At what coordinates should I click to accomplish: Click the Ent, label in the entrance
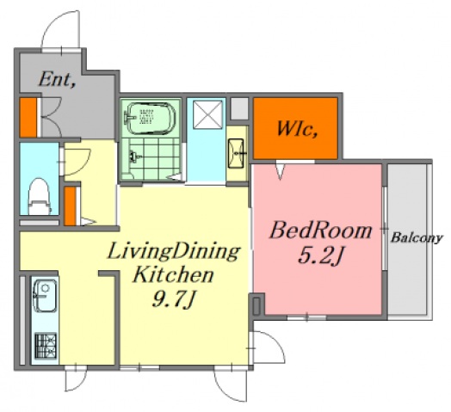coord(57,79)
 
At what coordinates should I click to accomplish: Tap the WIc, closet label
coord(297,128)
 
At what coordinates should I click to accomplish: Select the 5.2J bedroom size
coord(320,255)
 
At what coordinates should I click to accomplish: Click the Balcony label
coord(416,238)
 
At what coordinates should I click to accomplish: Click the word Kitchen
coord(173,274)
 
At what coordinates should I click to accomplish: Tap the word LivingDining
coord(173,251)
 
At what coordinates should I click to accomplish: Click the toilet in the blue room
coord(40,196)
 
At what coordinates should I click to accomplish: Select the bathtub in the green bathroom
coord(150,119)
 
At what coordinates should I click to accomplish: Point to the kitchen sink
coord(45,295)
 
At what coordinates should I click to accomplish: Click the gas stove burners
coord(46,346)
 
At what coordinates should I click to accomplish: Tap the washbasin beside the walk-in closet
coord(236,153)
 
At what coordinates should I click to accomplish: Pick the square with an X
coord(207,114)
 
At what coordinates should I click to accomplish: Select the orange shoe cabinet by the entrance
coord(28,118)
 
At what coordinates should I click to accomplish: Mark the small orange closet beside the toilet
coord(70,206)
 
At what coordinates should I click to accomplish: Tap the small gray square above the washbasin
coord(239,108)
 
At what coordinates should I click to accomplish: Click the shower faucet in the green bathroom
coord(134,157)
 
